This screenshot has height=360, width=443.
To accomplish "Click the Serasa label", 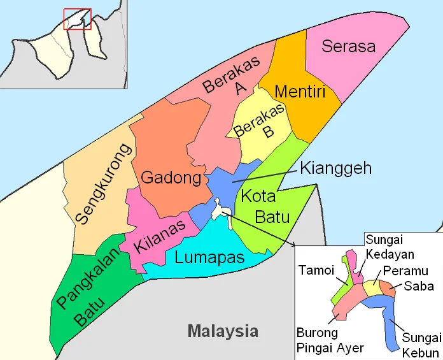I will tap(348, 46).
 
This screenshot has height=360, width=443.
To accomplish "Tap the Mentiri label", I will tap(300, 92).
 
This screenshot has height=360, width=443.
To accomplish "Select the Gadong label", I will tap(171, 178).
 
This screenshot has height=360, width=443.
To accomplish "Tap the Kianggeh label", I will tap(335, 169).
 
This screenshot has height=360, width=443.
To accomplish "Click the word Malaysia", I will tap(223, 331).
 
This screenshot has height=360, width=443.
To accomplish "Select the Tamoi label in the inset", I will tap(316, 270).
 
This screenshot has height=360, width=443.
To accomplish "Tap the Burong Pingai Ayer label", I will tap(330, 340).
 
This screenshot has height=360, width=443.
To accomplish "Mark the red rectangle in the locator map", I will tap(77, 19).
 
